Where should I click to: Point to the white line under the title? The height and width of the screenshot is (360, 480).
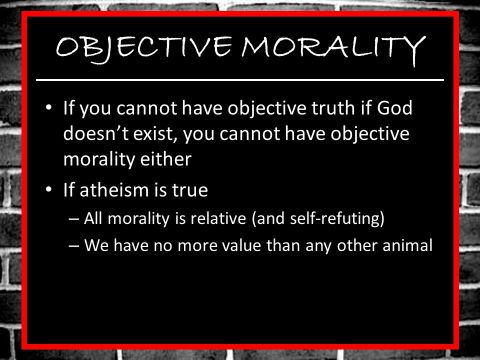(x=240, y=78)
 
